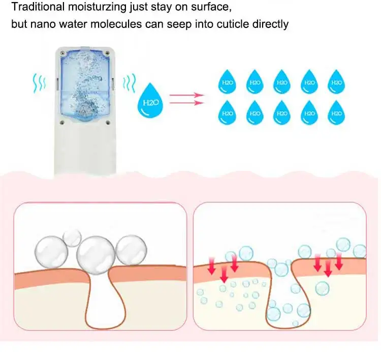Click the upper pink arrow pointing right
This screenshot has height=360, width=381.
click(186, 95)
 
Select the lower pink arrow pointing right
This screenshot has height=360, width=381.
click(186, 103)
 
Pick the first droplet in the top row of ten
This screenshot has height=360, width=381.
click(227, 82)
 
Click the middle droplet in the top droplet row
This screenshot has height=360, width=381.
click(281, 82)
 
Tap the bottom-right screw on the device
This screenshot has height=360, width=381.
click(107, 123)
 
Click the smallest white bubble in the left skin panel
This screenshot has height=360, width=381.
click(72, 236)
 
